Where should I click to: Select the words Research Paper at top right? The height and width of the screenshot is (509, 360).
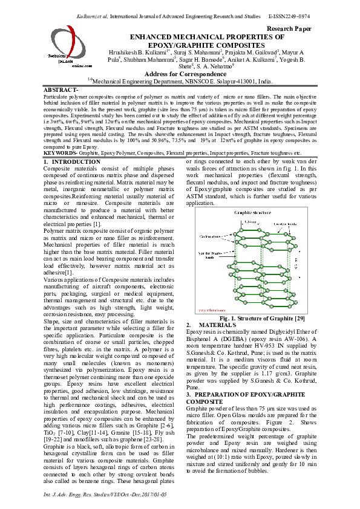289,28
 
